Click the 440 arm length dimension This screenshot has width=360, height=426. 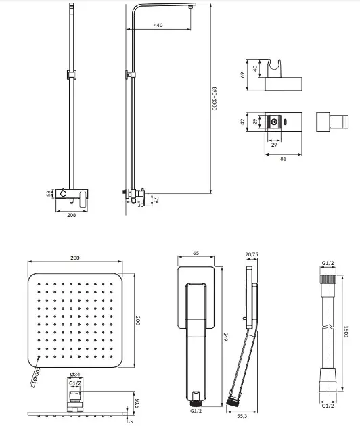(x=158, y=25)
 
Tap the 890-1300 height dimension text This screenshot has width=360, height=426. (x=214, y=99)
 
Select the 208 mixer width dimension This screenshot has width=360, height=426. (x=72, y=215)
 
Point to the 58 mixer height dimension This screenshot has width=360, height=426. (x=49, y=193)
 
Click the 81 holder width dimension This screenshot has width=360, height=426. (x=283, y=159)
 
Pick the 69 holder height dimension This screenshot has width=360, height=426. (x=242, y=74)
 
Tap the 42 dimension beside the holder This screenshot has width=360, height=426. (x=242, y=122)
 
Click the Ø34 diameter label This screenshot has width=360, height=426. (x=75, y=375)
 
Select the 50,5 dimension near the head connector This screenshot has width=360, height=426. (x=137, y=403)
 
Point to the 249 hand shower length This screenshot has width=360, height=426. (x=225, y=337)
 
